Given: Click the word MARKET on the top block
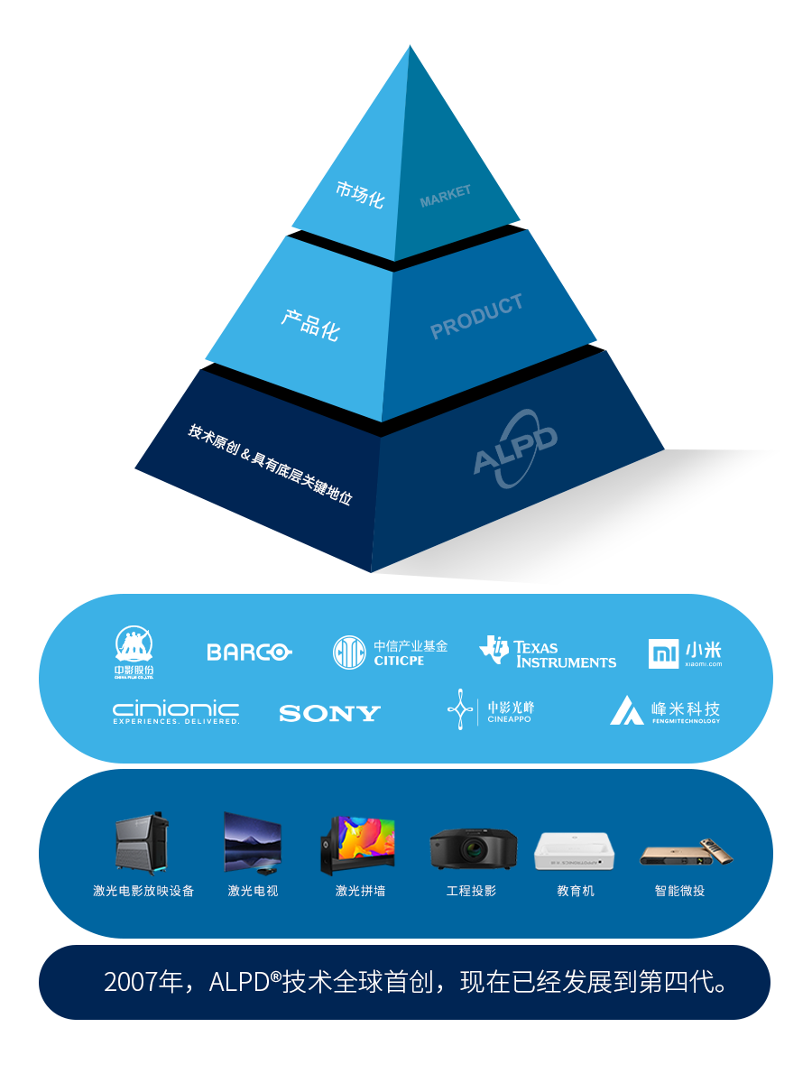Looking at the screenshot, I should pyautogui.click(x=445, y=196).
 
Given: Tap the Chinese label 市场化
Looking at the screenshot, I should pyautogui.click(x=359, y=194).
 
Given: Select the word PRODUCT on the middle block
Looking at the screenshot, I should pyautogui.click(x=476, y=317).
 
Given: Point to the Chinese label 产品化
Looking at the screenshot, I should pyautogui.click(x=309, y=322).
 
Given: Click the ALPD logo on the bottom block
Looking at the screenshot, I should pyautogui.click(x=516, y=447).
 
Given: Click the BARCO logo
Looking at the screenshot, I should pyautogui.click(x=248, y=652).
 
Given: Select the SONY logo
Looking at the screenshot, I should pyautogui.click(x=329, y=714).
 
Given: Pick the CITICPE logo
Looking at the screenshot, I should pyautogui.click(x=390, y=653).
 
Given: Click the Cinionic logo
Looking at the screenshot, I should pyautogui.click(x=176, y=713).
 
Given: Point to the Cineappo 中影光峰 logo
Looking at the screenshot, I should pyautogui.click(x=491, y=711).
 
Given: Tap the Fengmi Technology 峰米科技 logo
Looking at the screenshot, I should pyautogui.click(x=665, y=711).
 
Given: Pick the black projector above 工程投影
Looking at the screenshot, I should pyautogui.click(x=473, y=848).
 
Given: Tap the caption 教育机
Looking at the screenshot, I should pyautogui.click(x=576, y=891).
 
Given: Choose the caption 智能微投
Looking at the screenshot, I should pyautogui.click(x=679, y=891).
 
